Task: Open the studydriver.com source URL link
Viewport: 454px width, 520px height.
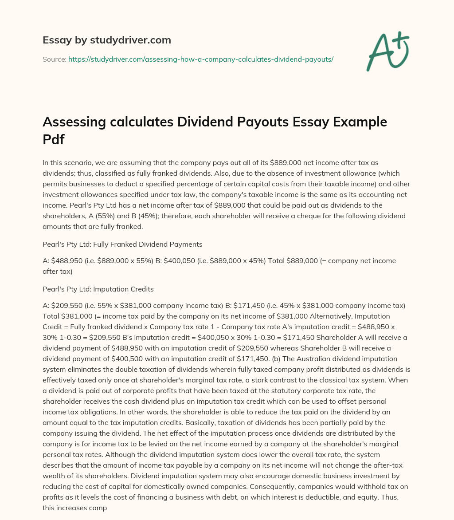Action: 200,59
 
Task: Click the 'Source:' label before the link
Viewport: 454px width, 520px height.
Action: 54,59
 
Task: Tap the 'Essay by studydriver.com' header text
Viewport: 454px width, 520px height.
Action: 107,40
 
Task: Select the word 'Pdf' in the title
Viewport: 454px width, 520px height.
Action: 53,140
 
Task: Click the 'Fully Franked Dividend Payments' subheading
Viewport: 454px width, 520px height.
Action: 148,244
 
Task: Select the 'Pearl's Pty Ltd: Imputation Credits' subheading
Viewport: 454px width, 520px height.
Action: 98,289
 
